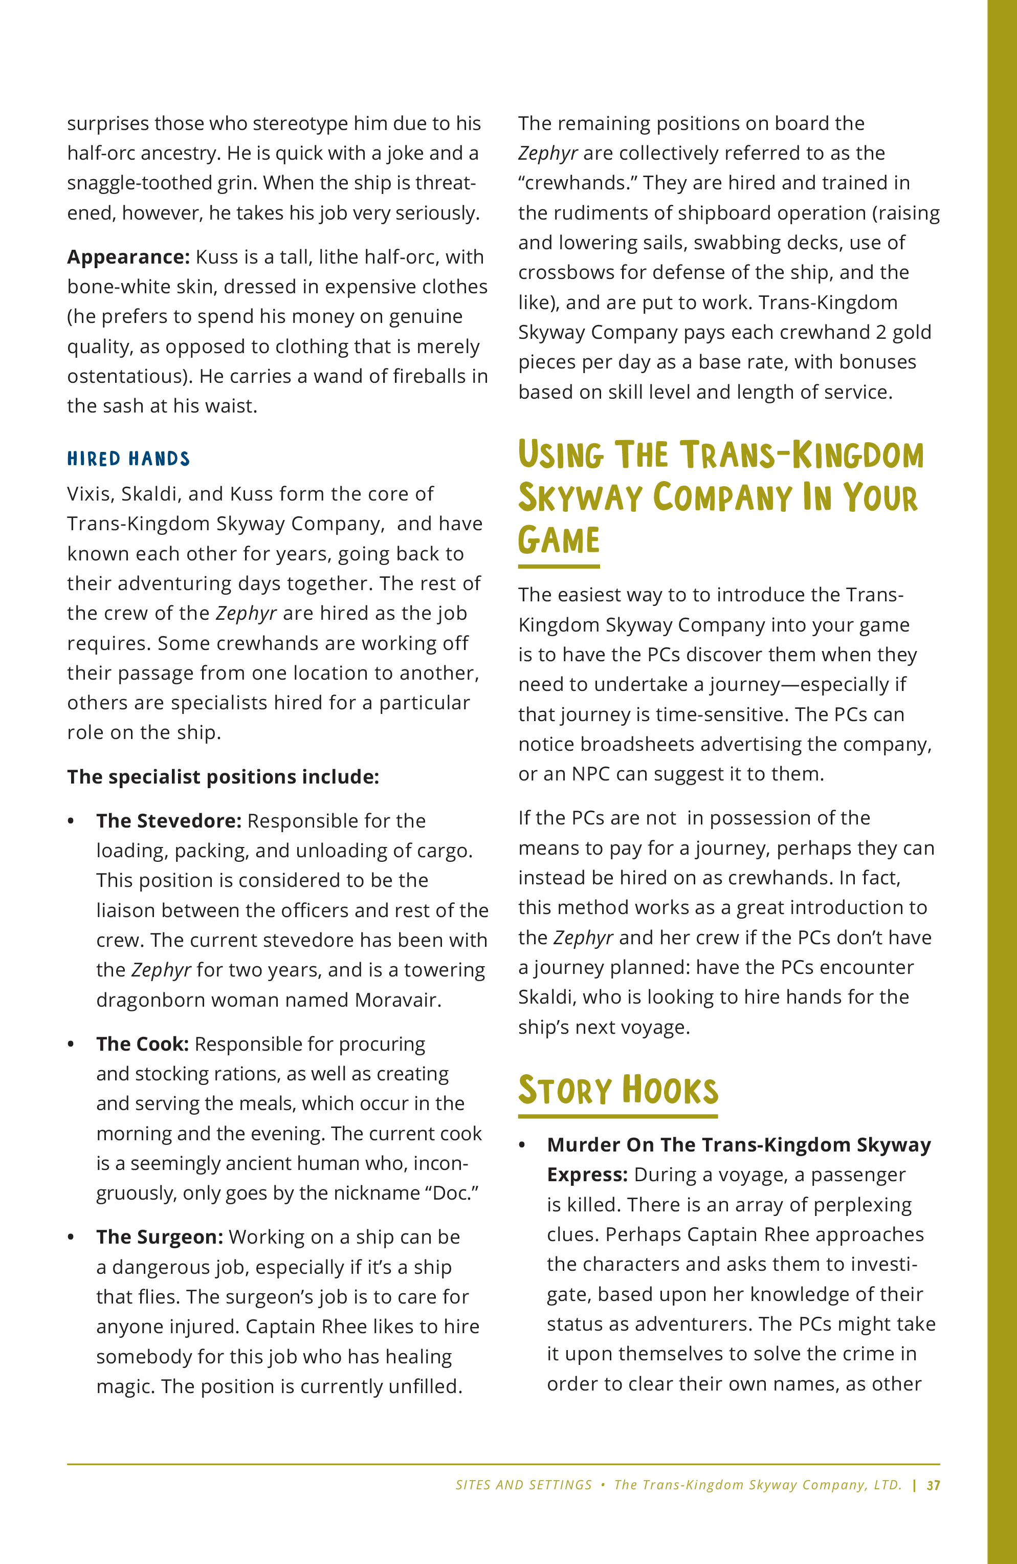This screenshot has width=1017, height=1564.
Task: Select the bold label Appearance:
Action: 128,257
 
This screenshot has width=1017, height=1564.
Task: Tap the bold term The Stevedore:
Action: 169,821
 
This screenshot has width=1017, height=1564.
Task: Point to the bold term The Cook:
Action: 143,1044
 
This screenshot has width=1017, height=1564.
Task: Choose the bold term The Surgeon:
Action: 160,1237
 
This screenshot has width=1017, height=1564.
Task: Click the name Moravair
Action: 397,1000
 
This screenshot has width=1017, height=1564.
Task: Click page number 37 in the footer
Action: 933,1485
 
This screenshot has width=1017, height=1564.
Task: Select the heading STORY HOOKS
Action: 617,1090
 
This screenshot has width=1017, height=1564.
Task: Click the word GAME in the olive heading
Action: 559,540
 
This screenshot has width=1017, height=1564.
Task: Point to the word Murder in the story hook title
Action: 583,1145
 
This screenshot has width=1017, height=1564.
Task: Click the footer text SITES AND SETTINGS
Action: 524,1485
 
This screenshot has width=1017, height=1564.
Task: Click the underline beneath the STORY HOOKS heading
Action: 617,1116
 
